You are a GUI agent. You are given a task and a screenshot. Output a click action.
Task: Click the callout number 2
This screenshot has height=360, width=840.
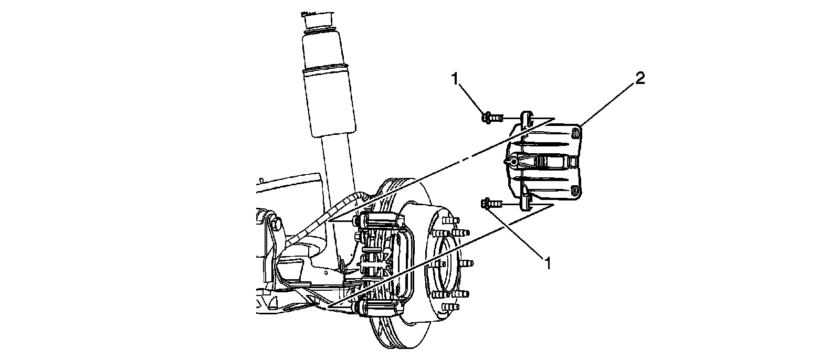pos(639,79)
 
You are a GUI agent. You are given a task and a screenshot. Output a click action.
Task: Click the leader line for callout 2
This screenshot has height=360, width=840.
pos(609,103)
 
